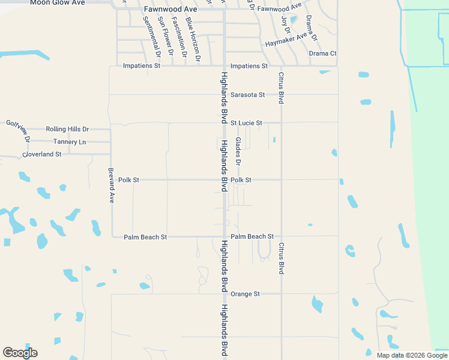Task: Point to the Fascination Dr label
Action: pyautogui.click(x=179, y=38)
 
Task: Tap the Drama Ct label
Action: pyautogui.click(x=323, y=53)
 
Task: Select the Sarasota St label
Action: pyautogui.click(x=248, y=95)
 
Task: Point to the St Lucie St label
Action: pyautogui.click(x=246, y=123)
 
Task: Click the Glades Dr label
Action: pyautogui.click(x=238, y=152)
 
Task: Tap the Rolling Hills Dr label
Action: pyautogui.click(x=67, y=129)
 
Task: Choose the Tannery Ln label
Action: pyautogui.click(x=70, y=142)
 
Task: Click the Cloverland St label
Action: pyautogui.click(x=41, y=154)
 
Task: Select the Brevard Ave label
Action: pyautogui.click(x=112, y=185)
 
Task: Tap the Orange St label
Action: pyautogui.click(x=245, y=294)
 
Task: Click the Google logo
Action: pyautogui.click(x=20, y=353)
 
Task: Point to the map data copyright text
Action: pyautogui.click(x=411, y=355)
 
